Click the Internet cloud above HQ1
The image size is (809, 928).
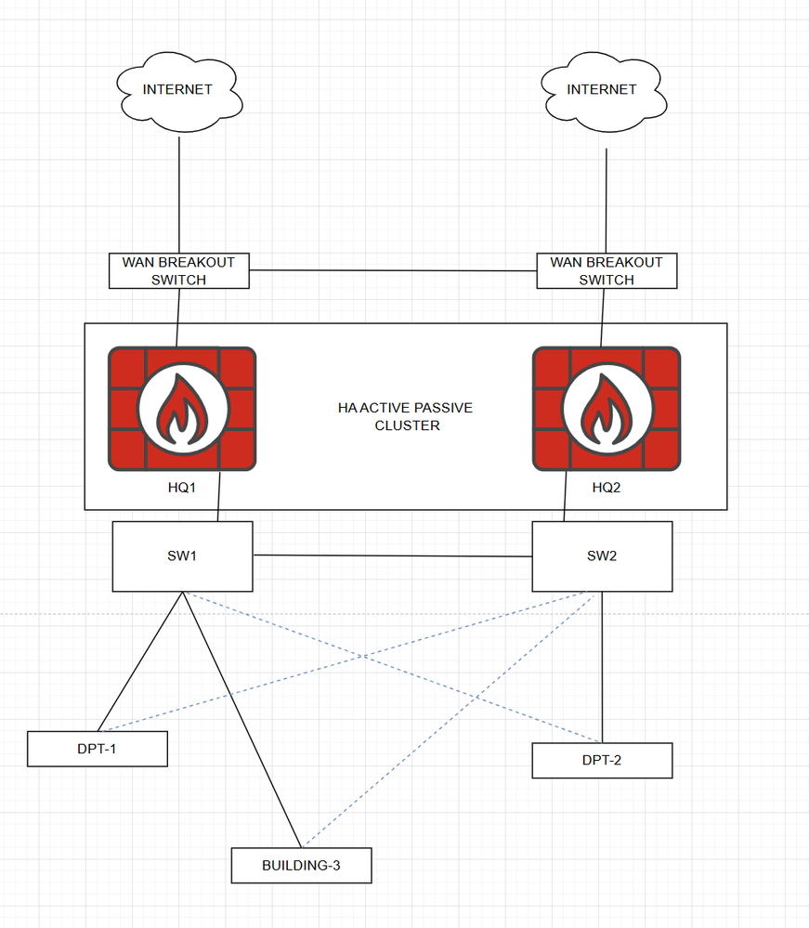pyautogui.click(x=177, y=93)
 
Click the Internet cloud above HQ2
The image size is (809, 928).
pyautogui.click(x=601, y=93)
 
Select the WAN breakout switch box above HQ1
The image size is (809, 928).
pyautogui.click(x=178, y=271)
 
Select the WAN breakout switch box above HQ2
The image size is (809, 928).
pyautogui.click(x=607, y=271)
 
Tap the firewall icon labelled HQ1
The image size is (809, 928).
pyautogui.click(x=182, y=409)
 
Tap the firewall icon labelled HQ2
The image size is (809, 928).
pyautogui.click(x=607, y=409)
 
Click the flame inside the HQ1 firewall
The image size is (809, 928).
pyautogui.click(x=182, y=409)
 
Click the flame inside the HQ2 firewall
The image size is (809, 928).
pyautogui.click(x=607, y=409)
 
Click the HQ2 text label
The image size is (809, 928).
pyautogui.click(x=606, y=488)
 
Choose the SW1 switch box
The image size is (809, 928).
pyautogui.click(x=182, y=556)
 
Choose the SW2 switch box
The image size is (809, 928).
pyautogui.click(x=602, y=556)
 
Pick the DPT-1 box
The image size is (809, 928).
pyautogui.click(x=98, y=749)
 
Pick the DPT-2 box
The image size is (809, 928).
pyautogui.click(x=602, y=760)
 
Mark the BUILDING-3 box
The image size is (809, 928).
pyautogui.click(x=301, y=865)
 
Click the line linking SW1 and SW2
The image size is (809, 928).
pyautogui.click(x=392, y=555)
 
